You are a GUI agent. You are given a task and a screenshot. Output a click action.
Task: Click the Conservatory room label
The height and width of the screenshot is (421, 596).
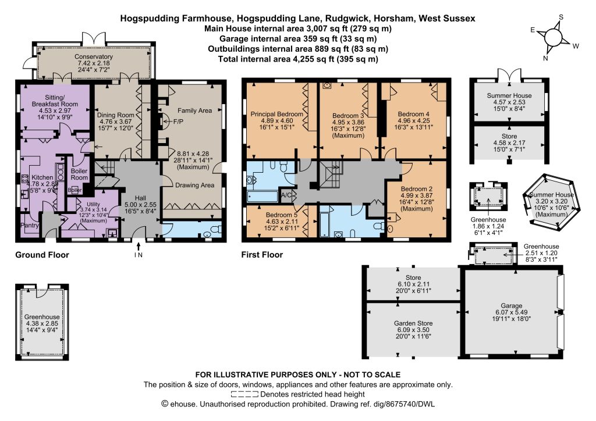(94, 56)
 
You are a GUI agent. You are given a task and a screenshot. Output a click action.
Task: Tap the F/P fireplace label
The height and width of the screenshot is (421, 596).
(178, 122)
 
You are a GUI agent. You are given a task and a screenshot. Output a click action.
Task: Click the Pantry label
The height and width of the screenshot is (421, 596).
(30, 226)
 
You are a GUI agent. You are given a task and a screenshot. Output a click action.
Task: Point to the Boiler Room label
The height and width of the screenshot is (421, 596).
(79, 174)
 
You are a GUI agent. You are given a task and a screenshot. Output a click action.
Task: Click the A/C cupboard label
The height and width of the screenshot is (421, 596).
(286, 195)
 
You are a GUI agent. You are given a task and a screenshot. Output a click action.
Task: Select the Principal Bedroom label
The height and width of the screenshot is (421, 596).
(276, 114)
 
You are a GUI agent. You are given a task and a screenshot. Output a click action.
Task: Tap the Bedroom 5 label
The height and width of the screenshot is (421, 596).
(282, 215)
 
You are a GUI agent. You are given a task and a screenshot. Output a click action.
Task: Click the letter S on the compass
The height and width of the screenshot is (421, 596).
(560, 17)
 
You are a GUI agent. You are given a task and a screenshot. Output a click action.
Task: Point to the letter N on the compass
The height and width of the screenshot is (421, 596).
(545, 58)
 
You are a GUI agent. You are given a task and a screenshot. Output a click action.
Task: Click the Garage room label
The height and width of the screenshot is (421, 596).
(511, 306)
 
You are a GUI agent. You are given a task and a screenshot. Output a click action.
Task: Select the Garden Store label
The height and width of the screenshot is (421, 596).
(413, 323)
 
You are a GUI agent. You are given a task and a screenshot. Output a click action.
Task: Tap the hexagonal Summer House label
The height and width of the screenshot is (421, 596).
(552, 195)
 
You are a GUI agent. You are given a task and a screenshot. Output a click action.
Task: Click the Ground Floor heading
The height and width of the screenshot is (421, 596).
(42, 255)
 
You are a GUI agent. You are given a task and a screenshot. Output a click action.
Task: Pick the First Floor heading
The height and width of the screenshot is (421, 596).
(262, 255)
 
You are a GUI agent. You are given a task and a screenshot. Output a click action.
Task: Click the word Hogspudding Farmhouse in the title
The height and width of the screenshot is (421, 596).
(176, 18)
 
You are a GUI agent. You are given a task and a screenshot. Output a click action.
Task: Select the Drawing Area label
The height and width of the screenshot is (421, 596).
(194, 185)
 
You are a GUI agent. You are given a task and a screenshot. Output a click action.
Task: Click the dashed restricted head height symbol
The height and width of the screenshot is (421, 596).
(244, 394)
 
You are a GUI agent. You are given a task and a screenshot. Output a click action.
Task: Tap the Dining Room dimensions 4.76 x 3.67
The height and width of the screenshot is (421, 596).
(116, 122)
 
